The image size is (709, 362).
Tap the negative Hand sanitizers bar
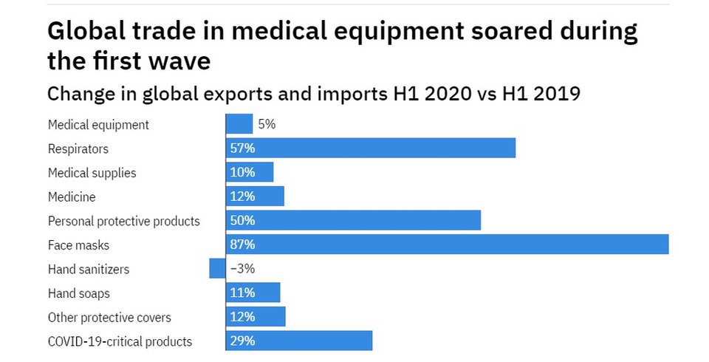217,269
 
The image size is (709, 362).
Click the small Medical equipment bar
239,124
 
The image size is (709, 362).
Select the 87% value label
242,245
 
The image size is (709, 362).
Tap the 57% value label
242,148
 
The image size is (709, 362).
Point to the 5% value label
267,124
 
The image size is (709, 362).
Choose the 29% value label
242,341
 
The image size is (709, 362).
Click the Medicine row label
72,197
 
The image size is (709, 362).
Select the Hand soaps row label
79,293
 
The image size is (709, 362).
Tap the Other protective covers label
109,318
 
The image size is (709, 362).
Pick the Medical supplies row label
92,173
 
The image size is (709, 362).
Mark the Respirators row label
78,148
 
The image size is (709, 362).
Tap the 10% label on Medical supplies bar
242,173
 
